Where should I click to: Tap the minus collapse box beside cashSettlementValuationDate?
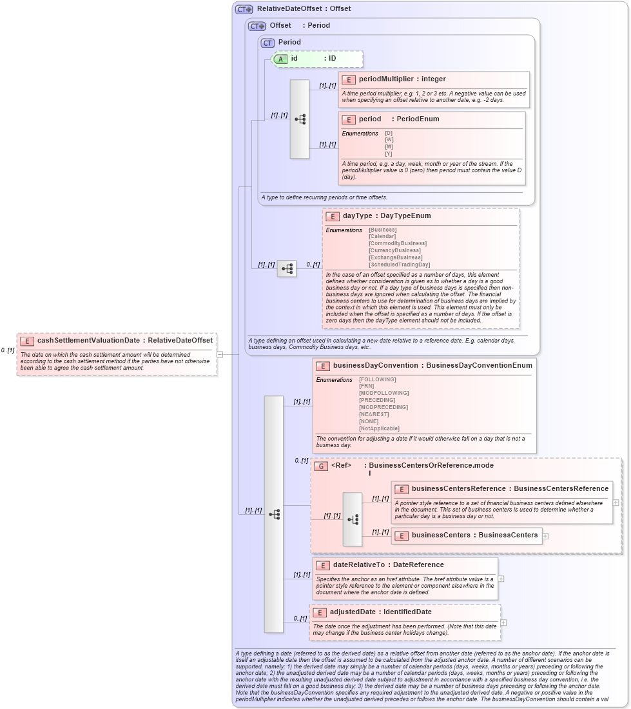pos(220,354)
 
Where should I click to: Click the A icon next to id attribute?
pos(281,59)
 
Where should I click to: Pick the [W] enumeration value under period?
pos(389,139)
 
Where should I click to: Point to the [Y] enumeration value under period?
pos(389,154)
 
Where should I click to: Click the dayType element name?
pos(357,216)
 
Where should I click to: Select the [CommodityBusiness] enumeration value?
pos(397,243)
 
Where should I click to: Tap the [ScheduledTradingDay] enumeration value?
pos(399,265)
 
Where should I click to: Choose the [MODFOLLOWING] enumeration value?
pos(383,393)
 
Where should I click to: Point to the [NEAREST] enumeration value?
pos(374,414)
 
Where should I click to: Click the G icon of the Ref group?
pos(321,466)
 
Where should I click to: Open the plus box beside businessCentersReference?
pos(616,502)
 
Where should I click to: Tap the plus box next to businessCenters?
pos(546,535)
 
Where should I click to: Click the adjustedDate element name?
pos(353,612)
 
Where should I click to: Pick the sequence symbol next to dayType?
pos(287,268)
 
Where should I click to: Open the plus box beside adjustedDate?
pos(503,623)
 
